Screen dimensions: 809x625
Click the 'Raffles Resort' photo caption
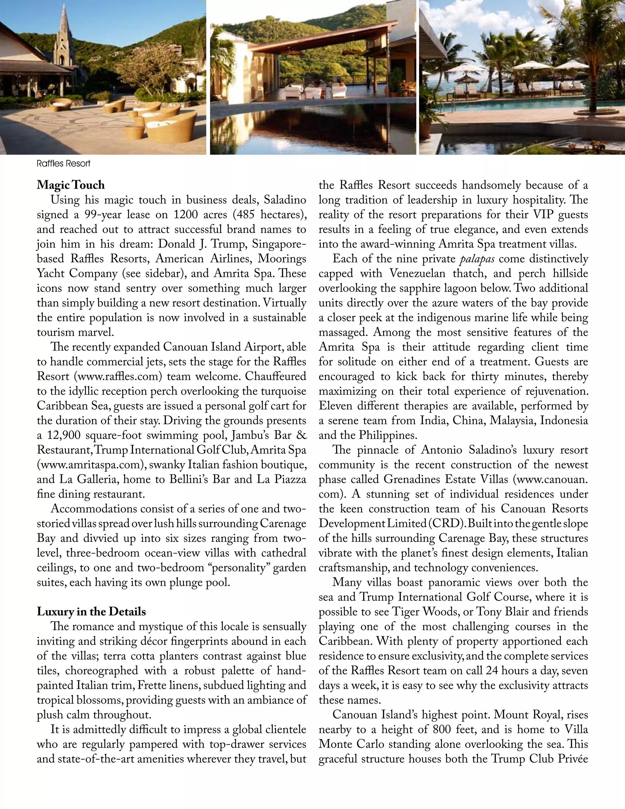pos(63,164)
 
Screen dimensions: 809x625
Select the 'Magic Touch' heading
pos(71,185)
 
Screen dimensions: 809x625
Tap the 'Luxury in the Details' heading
pos(91,611)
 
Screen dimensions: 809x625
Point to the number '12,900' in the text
pos(64,435)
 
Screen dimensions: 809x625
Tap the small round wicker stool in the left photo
pos(134,132)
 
